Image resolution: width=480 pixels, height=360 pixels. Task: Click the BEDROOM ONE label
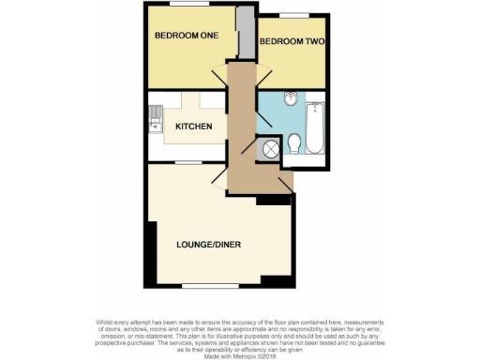186,36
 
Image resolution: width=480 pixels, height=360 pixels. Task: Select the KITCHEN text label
192,126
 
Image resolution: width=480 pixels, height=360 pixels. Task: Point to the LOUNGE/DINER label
209,245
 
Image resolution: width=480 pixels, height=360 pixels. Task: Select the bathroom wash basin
290,100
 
